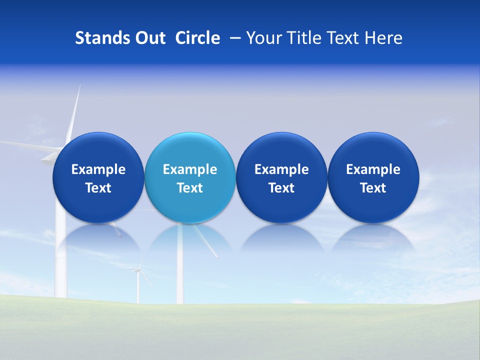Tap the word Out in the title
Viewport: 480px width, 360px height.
coord(149,38)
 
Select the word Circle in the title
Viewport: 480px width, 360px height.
coord(197,38)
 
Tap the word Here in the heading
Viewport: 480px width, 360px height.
coord(384,38)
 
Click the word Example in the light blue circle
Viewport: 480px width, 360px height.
coord(190,169)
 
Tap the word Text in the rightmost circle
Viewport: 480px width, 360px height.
coord(373,188)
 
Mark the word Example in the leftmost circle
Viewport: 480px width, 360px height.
coord(98,169)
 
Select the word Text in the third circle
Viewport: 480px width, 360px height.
coord(281,188)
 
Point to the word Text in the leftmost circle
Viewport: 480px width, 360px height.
coord(98,188)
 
